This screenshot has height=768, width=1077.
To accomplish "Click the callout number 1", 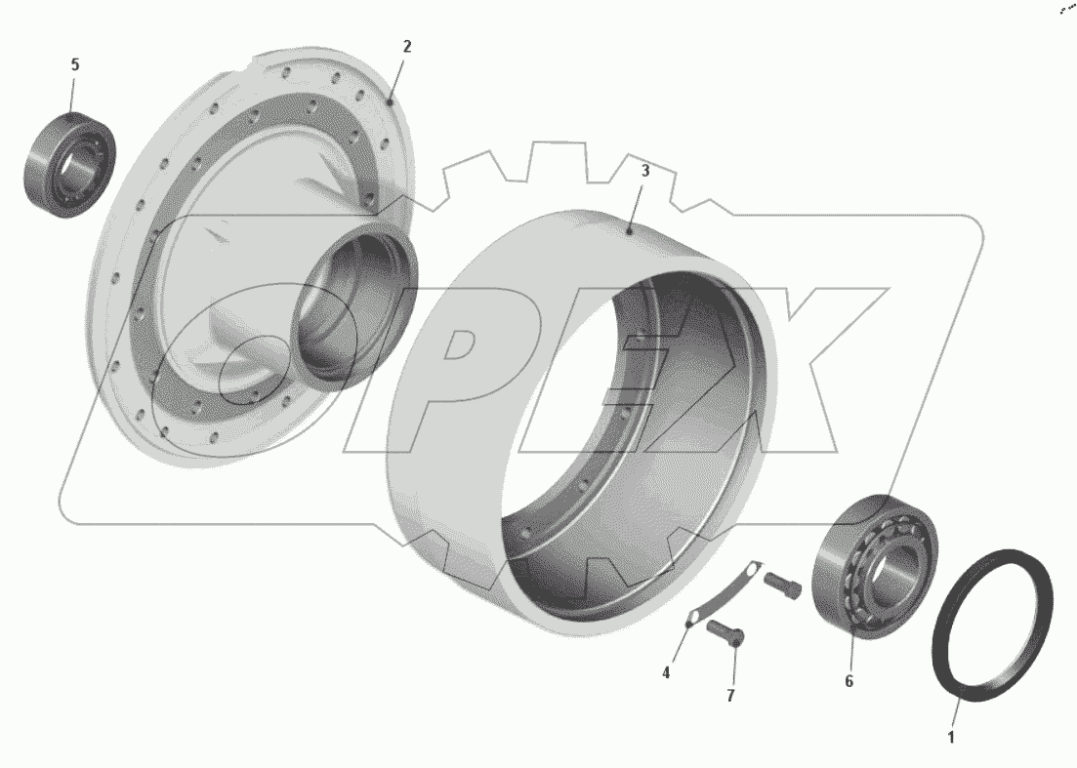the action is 951,738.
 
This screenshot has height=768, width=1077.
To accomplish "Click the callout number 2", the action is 406,46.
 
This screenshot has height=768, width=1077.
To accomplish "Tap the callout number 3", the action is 645,171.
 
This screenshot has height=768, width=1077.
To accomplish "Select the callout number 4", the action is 666,673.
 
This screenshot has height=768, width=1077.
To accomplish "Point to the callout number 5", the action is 75,64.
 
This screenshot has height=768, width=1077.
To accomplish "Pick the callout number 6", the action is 849,681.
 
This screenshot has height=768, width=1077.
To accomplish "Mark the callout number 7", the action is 730,695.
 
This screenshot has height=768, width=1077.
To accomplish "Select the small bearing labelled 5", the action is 70,165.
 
